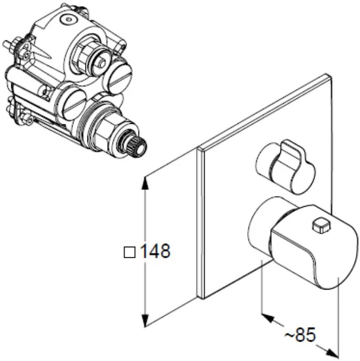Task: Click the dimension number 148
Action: click(x=155, y=251)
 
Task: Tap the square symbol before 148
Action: click(x=130, y=252)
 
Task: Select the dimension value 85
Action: click(x=305, y=336)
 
